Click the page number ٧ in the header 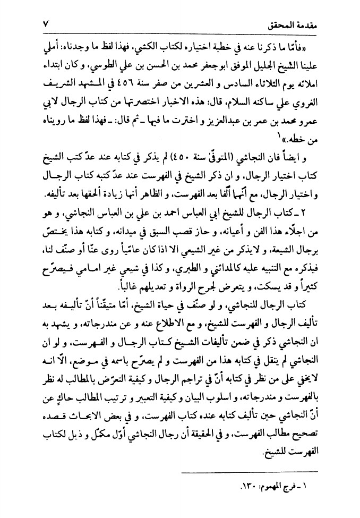point(46,24)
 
